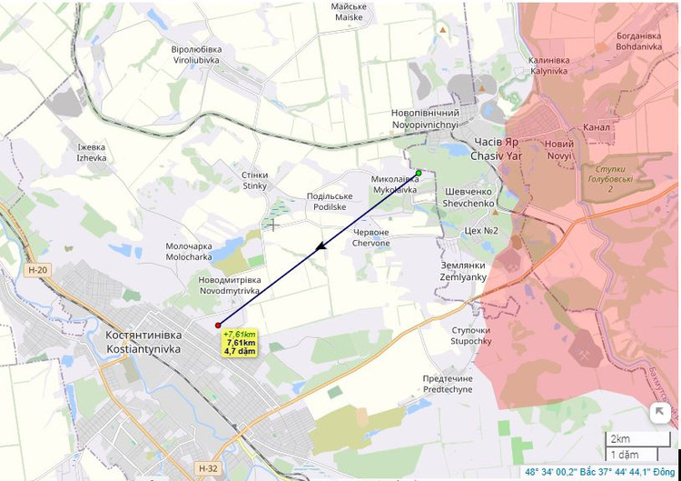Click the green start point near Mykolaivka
pyautogui.click(x=419, y=173)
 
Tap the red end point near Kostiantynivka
pyautogui.click(x=218, y=326)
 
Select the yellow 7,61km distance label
pyautogui.click(x=240, y=342)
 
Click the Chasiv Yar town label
pyautogui.click(x=496, y=150)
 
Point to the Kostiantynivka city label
pyautogui.click(x=143, y=342)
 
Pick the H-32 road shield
pyautogui.click(x=207, y=468)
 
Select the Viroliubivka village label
pyautogui.click(x=196, y=55)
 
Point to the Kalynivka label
pyautogui.click(x=548, y=65)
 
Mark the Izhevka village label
pyautogui.click(x=92, y=152)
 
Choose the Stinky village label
pyautogui.click(x=255, y=180)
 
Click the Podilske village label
pyautogui.click(x=328, y=201)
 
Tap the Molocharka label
pyautogui.click(x=189, y=252)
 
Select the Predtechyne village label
pyautogui.click(x=448, y=384)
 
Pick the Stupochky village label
pyautogui.click(x=470, y=336)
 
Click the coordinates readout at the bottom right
pyautogui.click(x=602, y=472)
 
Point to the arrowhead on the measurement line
pyautogui.click(x=320, y=247)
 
